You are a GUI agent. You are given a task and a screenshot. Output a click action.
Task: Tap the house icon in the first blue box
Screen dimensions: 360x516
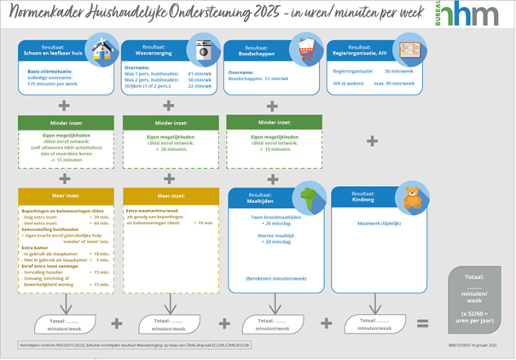click(101, 49)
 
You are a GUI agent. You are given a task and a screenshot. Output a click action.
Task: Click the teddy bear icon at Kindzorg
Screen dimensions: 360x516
click(413, 198)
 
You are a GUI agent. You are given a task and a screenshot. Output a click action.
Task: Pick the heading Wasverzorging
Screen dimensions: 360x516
click(150, 52)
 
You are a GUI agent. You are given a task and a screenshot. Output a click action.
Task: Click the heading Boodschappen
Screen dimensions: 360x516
click(254, 52)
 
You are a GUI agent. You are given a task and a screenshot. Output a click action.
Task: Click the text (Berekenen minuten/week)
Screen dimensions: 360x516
click(274, 278)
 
